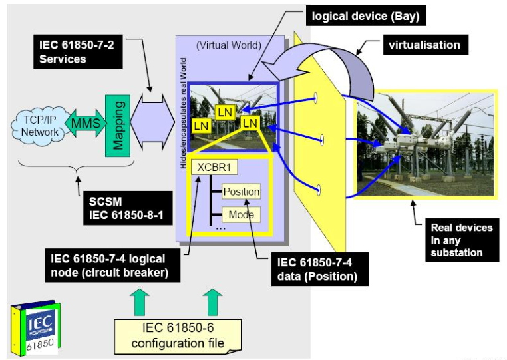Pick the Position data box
tap(241, 192)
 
